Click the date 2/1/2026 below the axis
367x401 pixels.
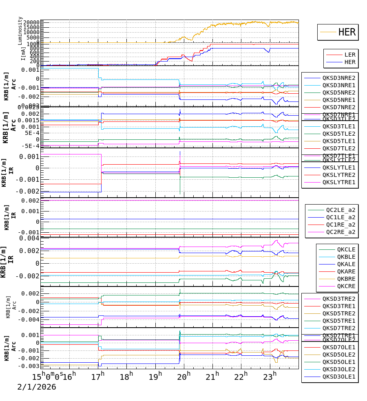pos(37,387)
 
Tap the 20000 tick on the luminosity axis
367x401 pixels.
pos(31,22)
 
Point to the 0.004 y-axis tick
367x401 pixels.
pos(31,238)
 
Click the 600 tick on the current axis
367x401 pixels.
pos(34,52)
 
